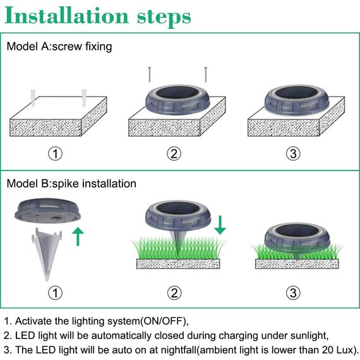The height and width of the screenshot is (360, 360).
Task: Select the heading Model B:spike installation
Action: click(x=71, y=184)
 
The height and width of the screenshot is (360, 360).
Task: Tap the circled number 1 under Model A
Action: click(x=57, y=153)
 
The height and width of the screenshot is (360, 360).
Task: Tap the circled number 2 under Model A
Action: click(x=174, y=153)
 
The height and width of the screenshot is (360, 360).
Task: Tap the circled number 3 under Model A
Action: click(x=292, y=153)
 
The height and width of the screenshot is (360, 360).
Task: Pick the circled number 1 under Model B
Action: click(x=57, y=292)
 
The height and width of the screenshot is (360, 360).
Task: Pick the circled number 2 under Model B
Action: click(x=174, y=292)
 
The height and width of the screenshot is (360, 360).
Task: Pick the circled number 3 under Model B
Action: click(x=292, y=292)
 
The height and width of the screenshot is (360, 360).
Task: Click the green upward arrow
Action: click(x=78, y=236)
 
